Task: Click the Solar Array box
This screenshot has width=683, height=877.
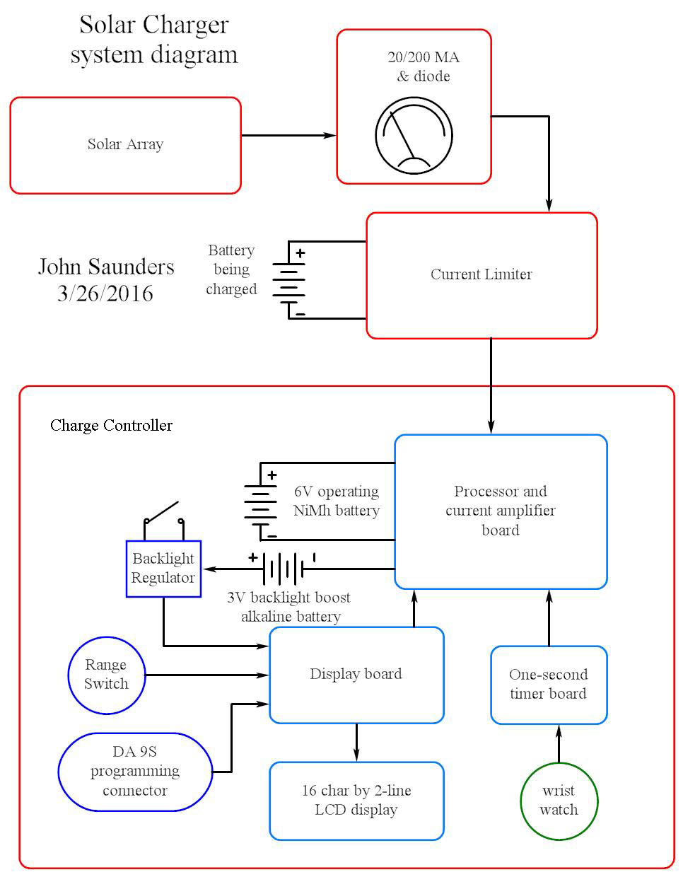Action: [125, 145]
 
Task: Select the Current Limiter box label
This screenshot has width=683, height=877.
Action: [481, 274]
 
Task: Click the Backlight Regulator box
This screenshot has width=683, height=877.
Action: [163, 569]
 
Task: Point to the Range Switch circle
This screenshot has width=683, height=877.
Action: [106, 674]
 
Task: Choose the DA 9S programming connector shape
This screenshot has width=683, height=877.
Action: [135, 772]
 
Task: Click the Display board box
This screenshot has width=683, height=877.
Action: [356, 674]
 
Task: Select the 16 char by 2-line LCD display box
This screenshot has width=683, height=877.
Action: [356, 801]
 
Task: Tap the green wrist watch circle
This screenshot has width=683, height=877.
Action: [559, 801]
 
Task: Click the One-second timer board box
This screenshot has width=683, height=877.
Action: [549, 685]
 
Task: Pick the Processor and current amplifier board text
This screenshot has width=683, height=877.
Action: [501, 511]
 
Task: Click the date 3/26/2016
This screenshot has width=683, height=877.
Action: [105, 294]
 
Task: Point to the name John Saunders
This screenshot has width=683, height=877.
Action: [106, 267]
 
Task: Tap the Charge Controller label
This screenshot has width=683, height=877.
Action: [111, 425]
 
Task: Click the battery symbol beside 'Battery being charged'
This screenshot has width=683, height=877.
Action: [289, 280]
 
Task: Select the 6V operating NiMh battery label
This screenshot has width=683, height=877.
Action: [337, 501]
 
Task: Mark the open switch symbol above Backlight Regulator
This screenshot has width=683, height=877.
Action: [163, 517]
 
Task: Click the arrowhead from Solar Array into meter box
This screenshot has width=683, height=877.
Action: [329, 135]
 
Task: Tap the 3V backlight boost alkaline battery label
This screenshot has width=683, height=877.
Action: [290, 607]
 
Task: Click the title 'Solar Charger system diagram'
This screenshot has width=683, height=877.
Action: [154, 40]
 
